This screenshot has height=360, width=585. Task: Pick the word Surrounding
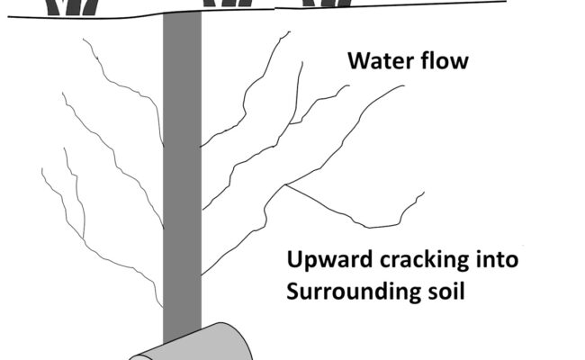click(345, 292)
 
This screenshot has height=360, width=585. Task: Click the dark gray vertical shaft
click(182, 180)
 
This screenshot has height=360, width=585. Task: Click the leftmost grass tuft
click(76, 7)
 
